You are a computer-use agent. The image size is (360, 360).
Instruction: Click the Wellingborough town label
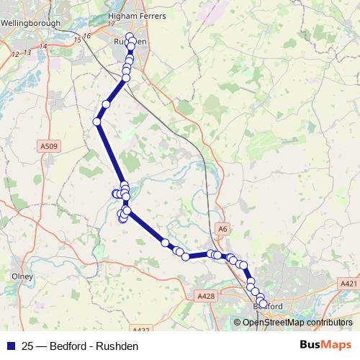coord(31,22)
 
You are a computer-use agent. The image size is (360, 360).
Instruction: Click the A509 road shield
coord(48,146)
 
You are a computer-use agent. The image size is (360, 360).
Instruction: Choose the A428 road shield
coord(205,296)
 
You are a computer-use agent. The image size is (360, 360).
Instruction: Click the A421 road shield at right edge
coord(348,284)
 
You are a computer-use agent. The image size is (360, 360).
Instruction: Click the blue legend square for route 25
coord(10,346)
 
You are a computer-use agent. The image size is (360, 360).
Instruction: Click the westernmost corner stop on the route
coord(96,122)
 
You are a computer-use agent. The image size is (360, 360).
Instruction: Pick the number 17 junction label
coord(111,24)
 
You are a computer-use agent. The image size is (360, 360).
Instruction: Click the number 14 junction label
coord(43,47)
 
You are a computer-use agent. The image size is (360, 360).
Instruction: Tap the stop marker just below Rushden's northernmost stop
coord(130,43)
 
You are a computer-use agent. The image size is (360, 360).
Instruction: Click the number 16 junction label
coord(88,36)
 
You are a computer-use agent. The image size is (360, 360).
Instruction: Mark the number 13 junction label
coord(27,53)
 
